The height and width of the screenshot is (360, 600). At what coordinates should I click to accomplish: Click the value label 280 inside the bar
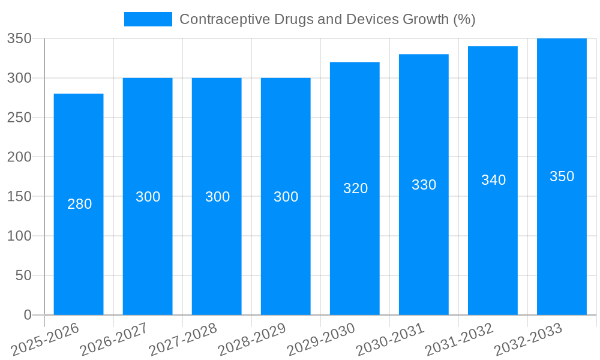pos(79,204)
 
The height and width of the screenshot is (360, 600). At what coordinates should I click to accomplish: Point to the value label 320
pos(355,188)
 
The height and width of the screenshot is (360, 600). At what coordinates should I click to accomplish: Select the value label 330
pos(424,185)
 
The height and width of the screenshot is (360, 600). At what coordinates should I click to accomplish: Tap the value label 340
pos(493,180)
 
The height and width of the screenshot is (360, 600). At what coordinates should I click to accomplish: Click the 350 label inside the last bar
pos(562,176)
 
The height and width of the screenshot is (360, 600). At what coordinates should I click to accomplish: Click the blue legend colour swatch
pos(148,19)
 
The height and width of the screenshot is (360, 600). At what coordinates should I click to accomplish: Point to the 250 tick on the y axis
pos(19,118)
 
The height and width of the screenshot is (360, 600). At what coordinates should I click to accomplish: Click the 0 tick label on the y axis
pos(27,315)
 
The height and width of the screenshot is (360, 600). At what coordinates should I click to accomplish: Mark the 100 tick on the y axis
pos(19,236)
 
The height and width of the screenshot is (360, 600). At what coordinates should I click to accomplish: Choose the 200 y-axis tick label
pos(19,157)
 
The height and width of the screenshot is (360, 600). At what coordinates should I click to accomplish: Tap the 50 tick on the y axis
pos(23,275)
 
